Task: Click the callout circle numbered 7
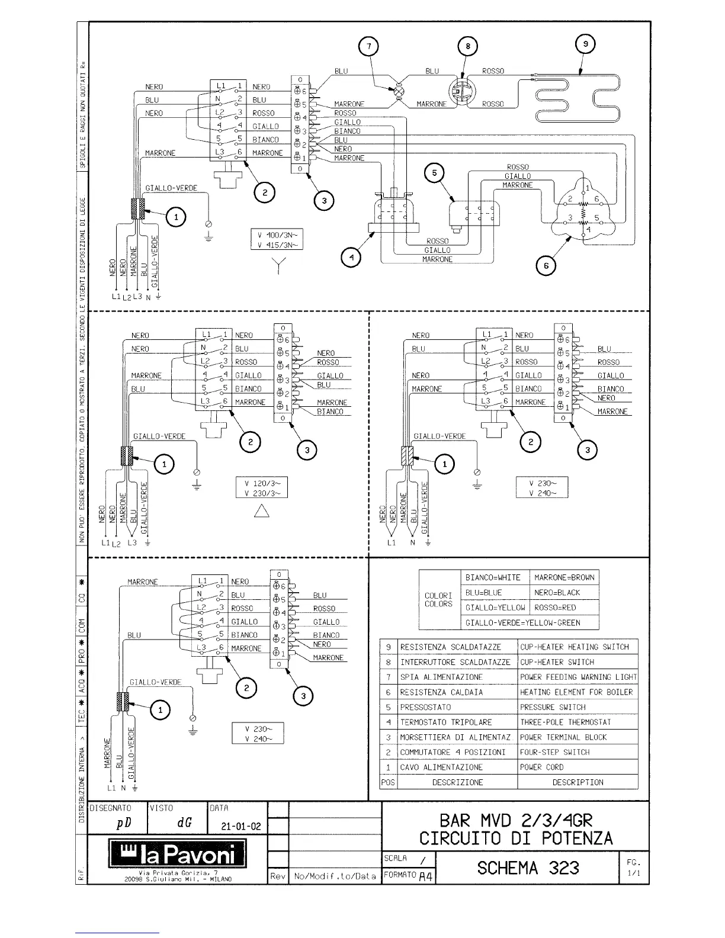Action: [369, 46]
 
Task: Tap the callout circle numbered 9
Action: [585, 44]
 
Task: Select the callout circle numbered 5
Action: [435, 173]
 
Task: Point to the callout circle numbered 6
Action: [546, 266]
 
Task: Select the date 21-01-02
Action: [240, 827]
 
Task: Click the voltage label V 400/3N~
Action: [276, 235]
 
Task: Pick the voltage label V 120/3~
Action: [262, 483]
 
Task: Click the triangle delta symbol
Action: [262, 510]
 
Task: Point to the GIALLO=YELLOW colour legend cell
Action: [495, 608]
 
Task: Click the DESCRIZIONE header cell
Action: [457, 782]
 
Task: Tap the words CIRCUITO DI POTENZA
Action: [516, 839]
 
